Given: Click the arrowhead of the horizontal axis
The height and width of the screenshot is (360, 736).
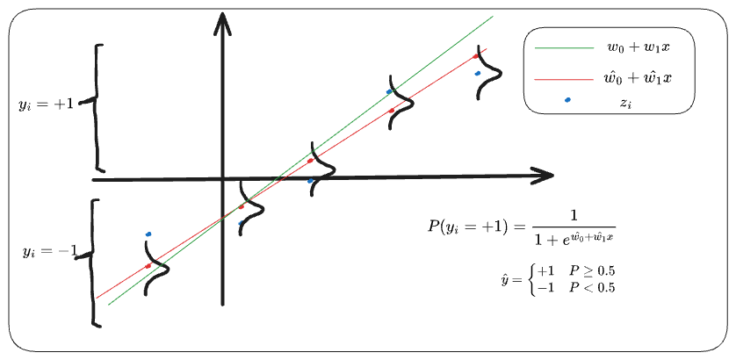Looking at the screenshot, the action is [544, 175].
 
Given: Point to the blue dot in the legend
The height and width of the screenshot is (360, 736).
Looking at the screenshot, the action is [567, 99].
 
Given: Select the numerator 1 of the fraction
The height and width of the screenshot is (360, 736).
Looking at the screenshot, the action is [574, 214].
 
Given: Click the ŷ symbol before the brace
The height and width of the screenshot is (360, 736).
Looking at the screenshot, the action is [504, 279].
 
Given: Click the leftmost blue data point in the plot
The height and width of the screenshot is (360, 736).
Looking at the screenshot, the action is [148, 234].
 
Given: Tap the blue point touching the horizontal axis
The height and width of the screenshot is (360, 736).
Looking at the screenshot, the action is [310, 181].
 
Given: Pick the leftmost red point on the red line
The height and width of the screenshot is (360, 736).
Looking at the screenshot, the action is [148, 265].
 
